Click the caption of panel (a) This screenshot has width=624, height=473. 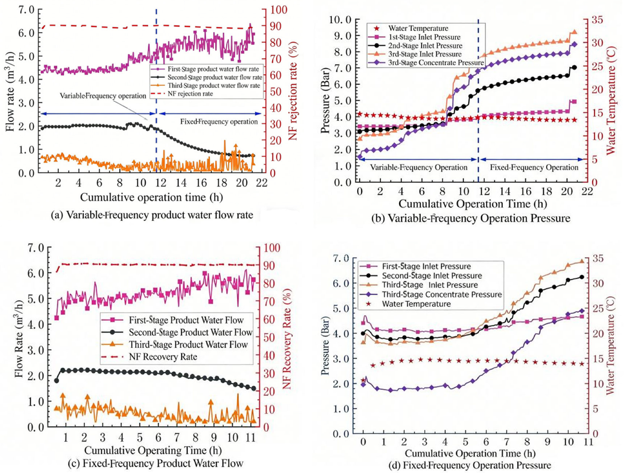pyautogui.click(x=152, y=215)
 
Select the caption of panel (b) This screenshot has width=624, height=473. pyautogui.click(x=470, y=218)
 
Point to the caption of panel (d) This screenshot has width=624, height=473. pyautogui.click(x=470, y=465)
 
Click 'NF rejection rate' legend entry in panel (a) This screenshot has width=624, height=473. pyautogui.click(x=190, y=94)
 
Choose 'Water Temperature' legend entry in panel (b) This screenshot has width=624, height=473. pyautogui.click(x=418, y=28)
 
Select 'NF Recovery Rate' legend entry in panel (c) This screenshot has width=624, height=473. pyautogui.click(x=163, y=356)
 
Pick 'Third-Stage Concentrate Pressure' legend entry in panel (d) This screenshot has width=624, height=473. pyautogui.click(x=442, y=294)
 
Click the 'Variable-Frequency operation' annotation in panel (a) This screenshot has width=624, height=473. pyautogui.click(x=103, y=96)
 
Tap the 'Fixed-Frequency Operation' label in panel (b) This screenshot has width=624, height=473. pyautogui.click(x=534, y=167)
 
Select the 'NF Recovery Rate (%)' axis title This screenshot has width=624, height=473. pyautogui.click(x=287, y=339)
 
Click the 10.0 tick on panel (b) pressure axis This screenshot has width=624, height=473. pyautogui.click(x=340, y=20)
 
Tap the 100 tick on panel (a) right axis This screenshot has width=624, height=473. pyautogui.click(x=279, y=10)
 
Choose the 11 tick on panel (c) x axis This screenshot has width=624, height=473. pyautogui.click(x=251, y=438)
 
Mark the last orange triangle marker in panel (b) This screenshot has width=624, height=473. pyautogui.click(x=574, y=32)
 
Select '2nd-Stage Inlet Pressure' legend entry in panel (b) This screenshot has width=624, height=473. pyautogui.click(x=425, y=46)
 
